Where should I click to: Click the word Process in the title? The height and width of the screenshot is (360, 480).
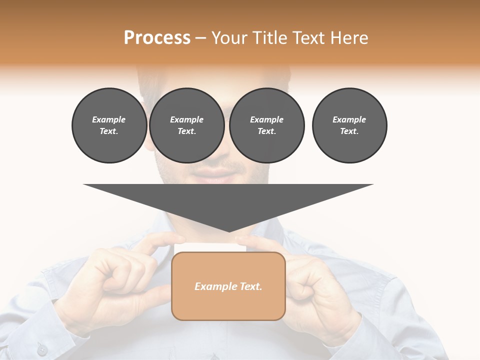tap(157, 38)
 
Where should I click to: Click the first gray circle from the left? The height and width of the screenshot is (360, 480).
tap(109, 125)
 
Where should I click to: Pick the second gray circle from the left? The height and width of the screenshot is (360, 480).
tap(186, 125)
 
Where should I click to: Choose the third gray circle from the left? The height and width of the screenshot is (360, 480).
tap(266, 125)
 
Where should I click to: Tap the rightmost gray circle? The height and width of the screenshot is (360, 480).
tap(349, 125)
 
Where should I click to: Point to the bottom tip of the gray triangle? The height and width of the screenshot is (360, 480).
tap(229, 231)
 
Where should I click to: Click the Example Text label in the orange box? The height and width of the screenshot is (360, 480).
tap(228, 286)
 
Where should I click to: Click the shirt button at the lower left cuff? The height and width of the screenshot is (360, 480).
tap(42, 350)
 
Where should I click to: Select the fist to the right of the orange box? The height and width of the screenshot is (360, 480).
tap(315, 285)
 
